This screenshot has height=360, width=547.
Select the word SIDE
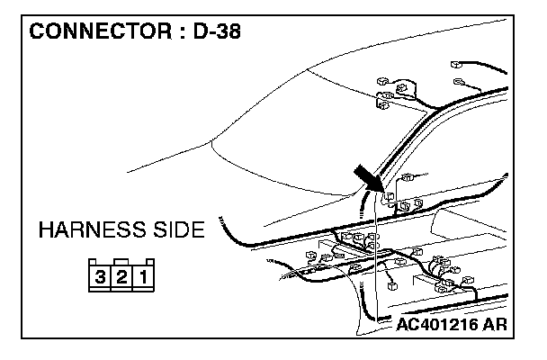pyautogui.click(x=176, y=232)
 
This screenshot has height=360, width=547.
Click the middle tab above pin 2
pyautogui.click(x=121, y=262)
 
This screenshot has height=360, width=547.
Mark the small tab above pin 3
pyautogui.click(x=100, y=263)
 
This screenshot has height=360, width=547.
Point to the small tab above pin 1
pyautogui.click(x=143, y=263)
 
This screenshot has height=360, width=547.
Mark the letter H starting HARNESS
pyautogui.click(x=47, y=232)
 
